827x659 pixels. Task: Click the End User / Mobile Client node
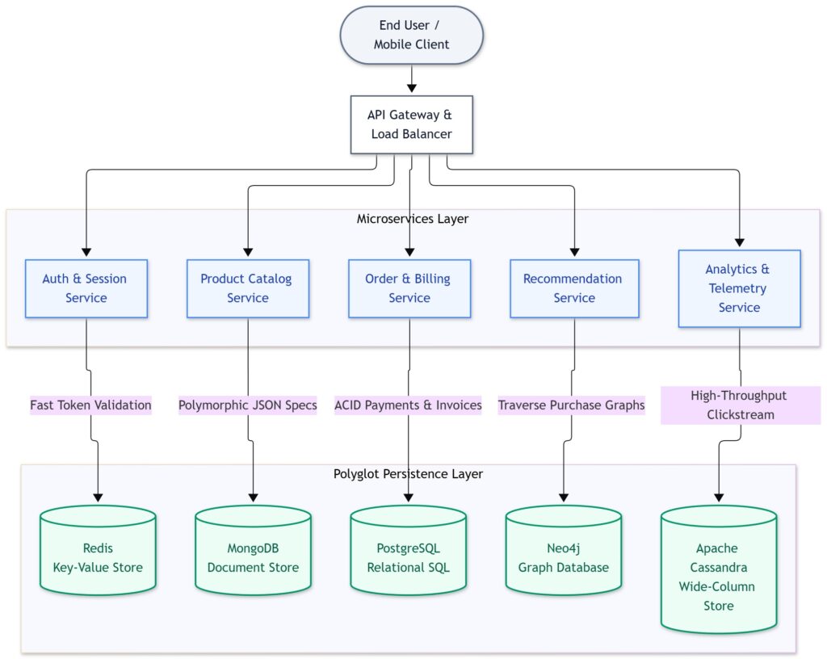tap(411, 35)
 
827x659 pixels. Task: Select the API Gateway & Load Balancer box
tap(411, 124)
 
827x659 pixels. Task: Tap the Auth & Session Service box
tap(86, 288)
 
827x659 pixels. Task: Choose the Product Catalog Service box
tap(248, 288)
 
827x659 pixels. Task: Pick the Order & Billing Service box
tap(409, 288)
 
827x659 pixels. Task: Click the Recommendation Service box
tap(574, 288)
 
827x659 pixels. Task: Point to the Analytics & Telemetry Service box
tap(740, 288)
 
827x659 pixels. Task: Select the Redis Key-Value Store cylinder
tap(98, 551)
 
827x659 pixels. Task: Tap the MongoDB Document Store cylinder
tap(253, 551)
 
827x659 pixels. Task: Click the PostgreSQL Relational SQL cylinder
tap(408, 551)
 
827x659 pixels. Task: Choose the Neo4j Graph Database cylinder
tap(563, 551)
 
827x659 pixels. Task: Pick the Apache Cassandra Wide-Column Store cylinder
tap(719, 569)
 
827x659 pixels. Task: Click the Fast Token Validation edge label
tap(90, 405)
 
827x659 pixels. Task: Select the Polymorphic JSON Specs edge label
tap(248, 405)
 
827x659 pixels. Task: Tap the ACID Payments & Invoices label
tap(408, 405)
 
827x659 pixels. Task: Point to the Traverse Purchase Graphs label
tap(572, 405)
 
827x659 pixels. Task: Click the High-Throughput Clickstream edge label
tap(741, 405)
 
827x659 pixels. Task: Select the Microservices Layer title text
tap(413, 219)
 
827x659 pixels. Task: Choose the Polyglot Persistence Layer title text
tap(408, 474)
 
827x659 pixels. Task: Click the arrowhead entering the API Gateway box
tap(411, 88)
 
